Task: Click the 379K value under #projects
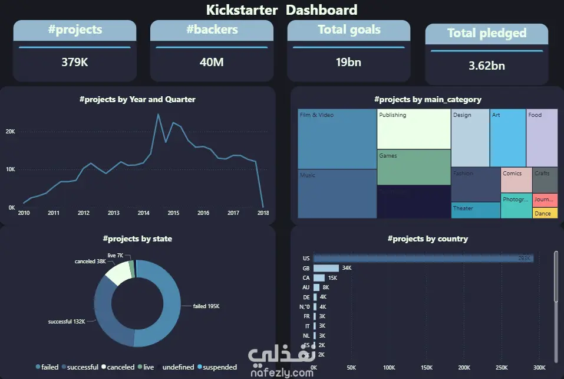tap(75, 61)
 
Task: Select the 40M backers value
tap(212, 61)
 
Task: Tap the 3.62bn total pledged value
tap(486, 66)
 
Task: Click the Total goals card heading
tap(349, 30)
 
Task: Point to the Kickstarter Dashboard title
tap(282, 10)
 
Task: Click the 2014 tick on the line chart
tap(143, 213)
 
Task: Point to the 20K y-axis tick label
tap(11, 131)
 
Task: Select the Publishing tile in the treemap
tap(413, 129)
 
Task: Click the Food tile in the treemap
tap(542, 137)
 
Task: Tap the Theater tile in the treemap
tap(476, 210)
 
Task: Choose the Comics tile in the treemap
tap(516, 179)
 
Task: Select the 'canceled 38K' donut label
tap(90, 261)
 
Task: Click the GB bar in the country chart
tap(326, 268)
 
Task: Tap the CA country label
tap(306, 278)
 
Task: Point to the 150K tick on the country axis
tap(426, 367)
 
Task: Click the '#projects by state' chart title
tap(137, 239)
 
